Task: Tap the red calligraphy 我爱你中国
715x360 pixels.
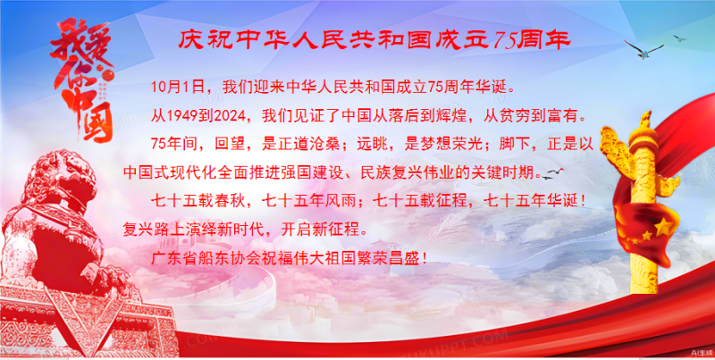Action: [82, 80]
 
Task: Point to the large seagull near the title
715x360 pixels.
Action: [643, 49]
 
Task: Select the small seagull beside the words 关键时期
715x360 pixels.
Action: [553, 172]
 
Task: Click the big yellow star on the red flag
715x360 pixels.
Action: [663, 227]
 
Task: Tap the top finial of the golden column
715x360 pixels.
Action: [644, 121]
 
